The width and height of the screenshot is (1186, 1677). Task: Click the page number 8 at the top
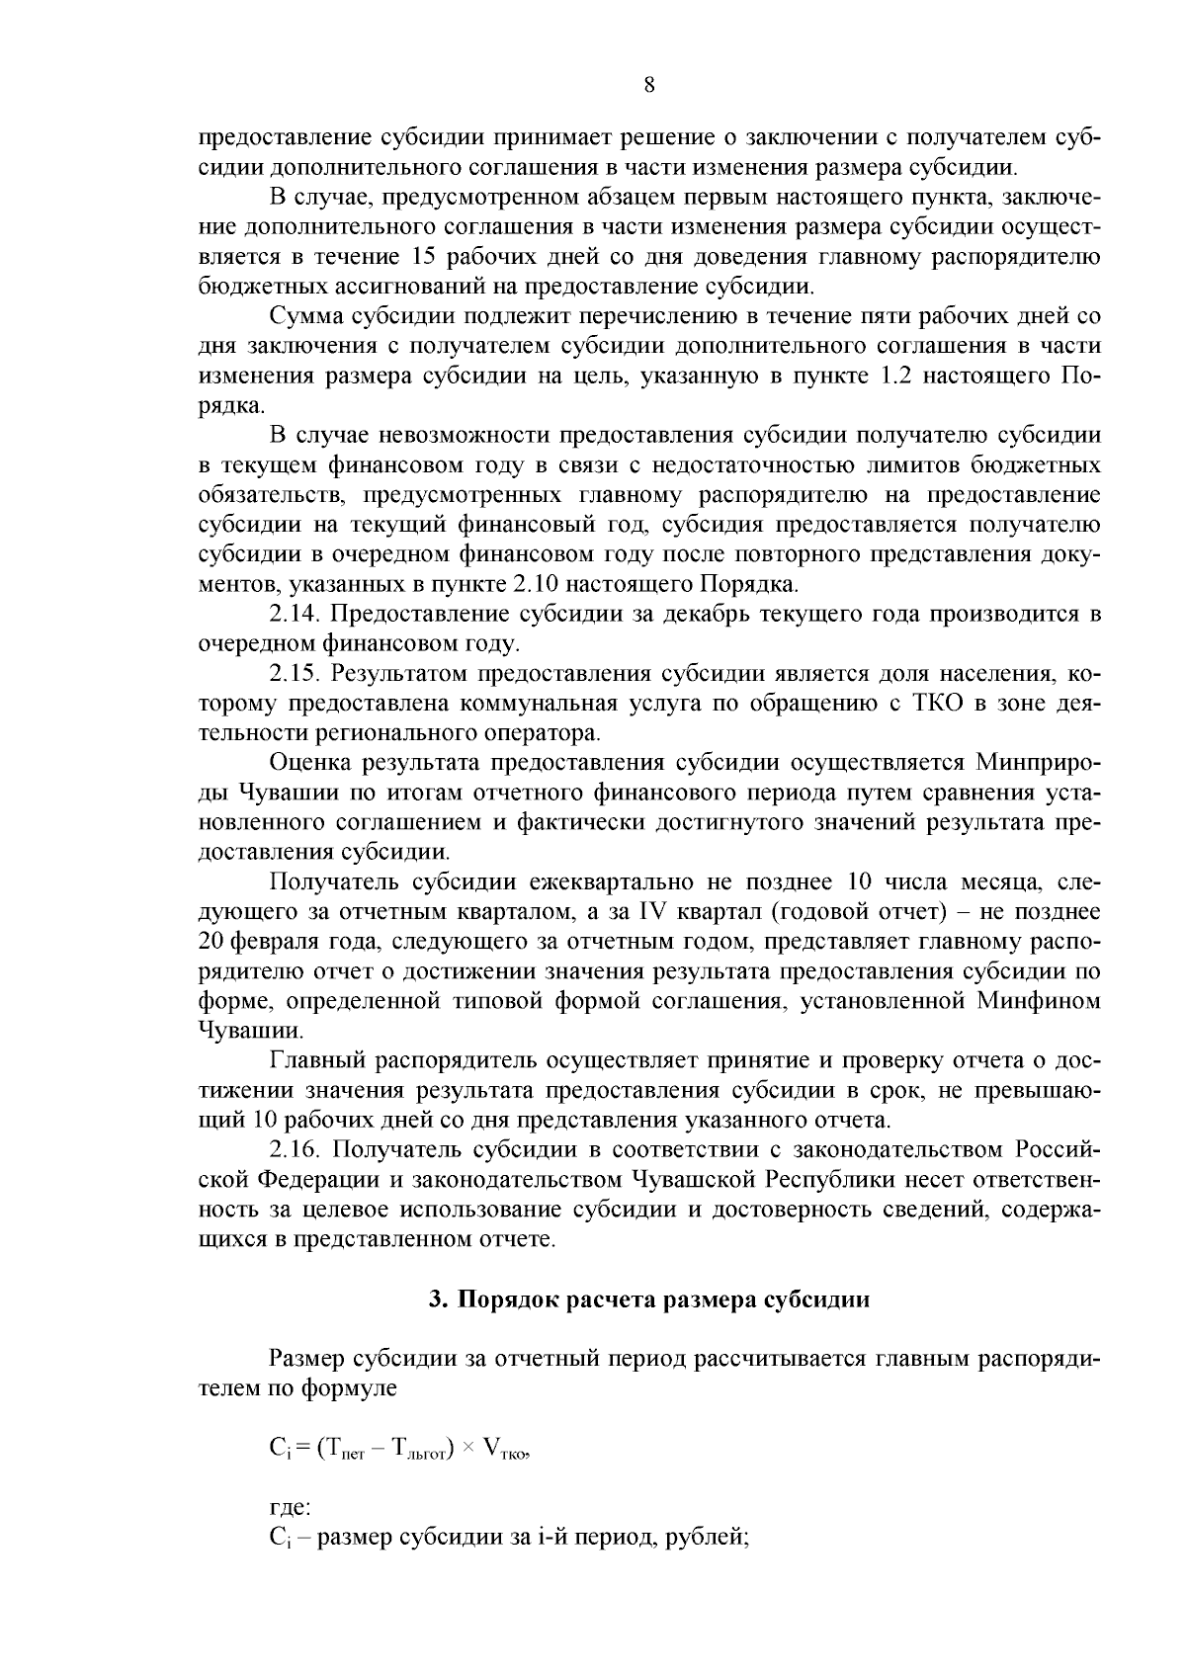tap(648, 86)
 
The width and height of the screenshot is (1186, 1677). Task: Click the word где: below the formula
tap(290, 1509)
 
